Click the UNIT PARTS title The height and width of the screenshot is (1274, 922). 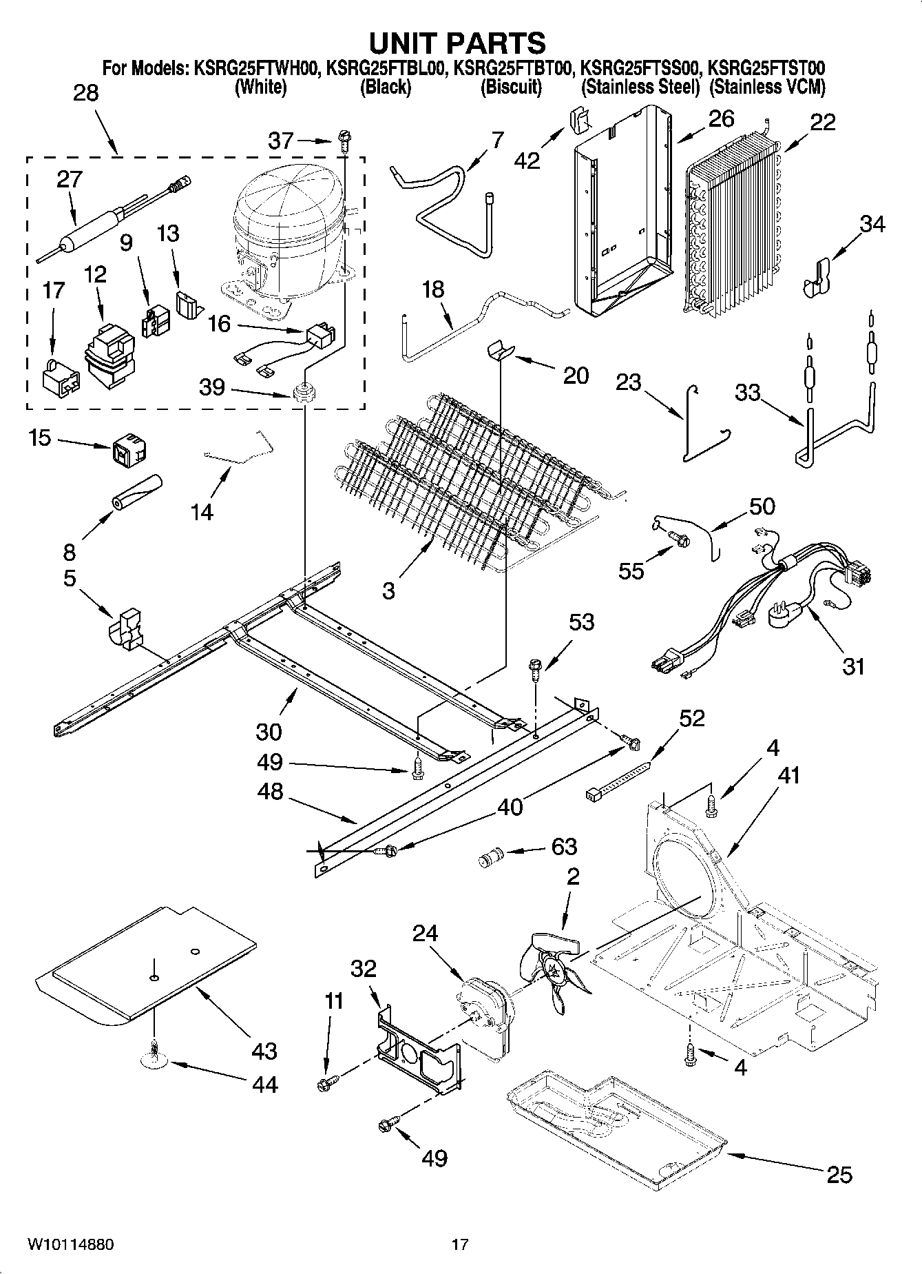pyautogui.click(x=457, y=43)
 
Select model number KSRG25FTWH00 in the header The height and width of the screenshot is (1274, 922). pyautogui.click(x=255, y=68)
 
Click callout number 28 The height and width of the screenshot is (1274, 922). pyautogui.click(x=86, y=93)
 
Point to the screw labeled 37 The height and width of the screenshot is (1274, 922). pyautogui.click(x=344, y=143)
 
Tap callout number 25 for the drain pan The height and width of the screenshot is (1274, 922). pyautogui.click(x=839, y=1174)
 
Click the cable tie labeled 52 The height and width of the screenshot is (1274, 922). pyautogui.click(x=619, y=779)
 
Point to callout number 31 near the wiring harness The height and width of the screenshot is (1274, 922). pyautogui.click(x=853, y=666)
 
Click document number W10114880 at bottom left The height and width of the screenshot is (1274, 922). pyautogui.click(x=70, y=1244)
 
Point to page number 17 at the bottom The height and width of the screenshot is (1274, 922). pyautogui.click(x=460, y=1244)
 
